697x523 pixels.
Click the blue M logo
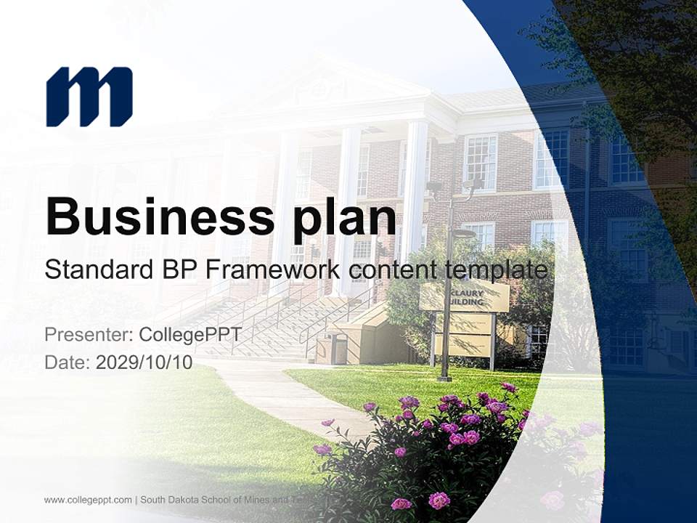pos(89,97)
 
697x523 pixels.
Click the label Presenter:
pos(88,335)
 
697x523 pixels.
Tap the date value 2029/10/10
pos(144,362)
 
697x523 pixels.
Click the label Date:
pos(68,362)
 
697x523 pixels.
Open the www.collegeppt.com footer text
pos(88,500)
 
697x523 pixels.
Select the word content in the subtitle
pos(386,270)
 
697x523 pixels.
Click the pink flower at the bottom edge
pos(439,500)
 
